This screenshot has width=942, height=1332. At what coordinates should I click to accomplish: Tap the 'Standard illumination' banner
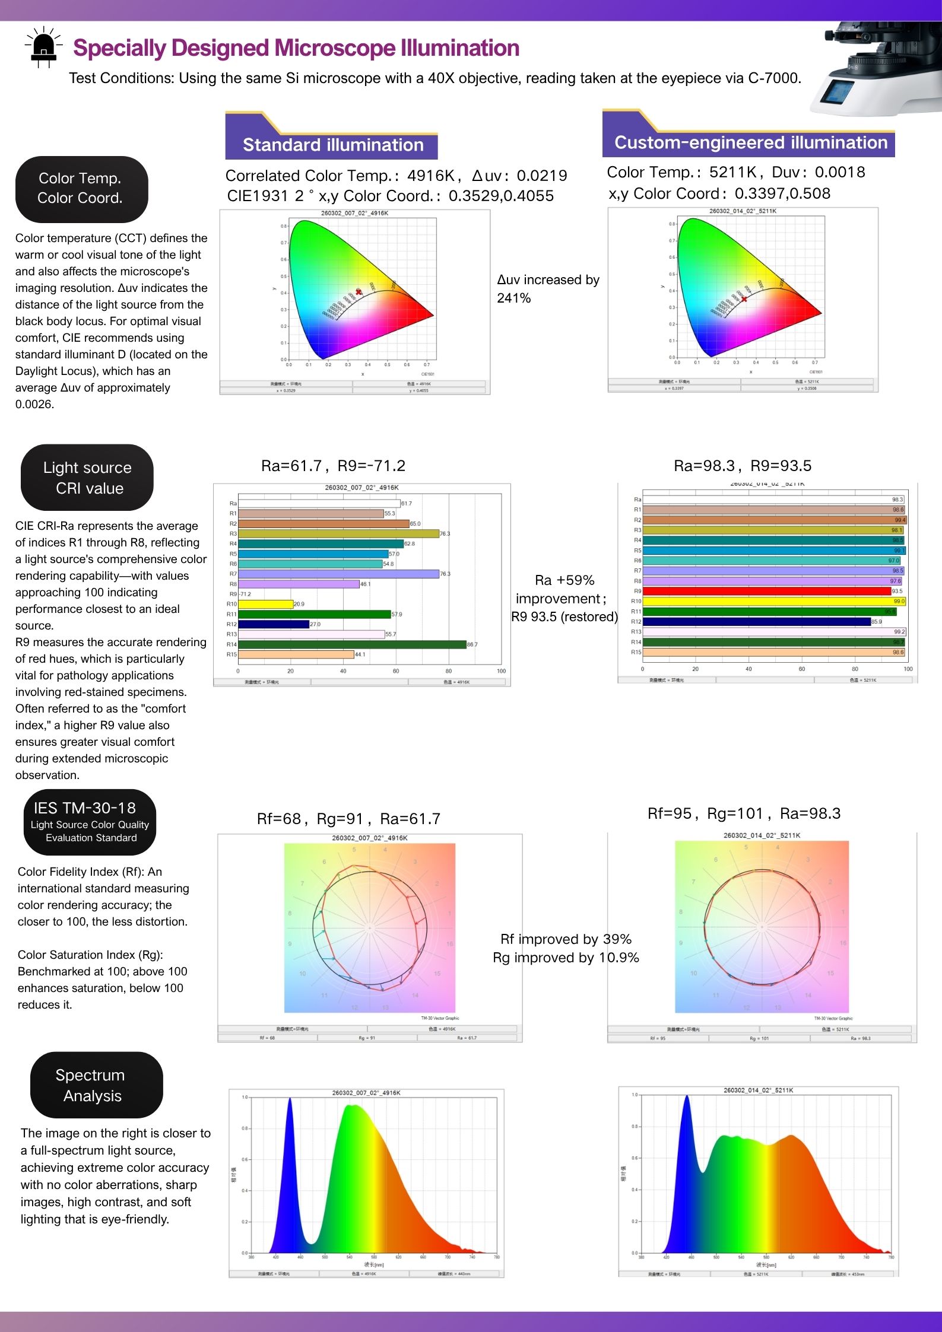pos(332,145)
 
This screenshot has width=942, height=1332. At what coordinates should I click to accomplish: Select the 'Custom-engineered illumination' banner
pos(750,142)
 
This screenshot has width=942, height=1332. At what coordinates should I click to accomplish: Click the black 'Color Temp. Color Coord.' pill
pos(81,189)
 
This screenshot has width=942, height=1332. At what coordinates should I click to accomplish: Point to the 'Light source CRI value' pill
pos(87,478)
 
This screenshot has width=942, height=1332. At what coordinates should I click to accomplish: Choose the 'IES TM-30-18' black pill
pos(90,822)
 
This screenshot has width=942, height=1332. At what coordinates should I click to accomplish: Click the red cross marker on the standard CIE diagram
pos(358,291)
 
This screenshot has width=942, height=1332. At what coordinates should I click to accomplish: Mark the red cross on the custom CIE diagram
pos(744,299)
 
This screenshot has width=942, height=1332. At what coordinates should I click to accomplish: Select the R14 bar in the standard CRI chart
pos(352,644)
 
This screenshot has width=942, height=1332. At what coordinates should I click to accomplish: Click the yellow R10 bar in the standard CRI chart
pos(265,604)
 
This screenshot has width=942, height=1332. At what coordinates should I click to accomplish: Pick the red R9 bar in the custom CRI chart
pos(766,591)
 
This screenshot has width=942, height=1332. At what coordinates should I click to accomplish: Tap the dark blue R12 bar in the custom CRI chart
pos(756,622)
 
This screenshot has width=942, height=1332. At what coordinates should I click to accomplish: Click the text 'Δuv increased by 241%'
pos(548,288)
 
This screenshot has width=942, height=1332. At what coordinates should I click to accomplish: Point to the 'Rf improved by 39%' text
pos(566,939)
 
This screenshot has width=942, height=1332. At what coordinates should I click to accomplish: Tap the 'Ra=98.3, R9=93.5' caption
pos(742,466)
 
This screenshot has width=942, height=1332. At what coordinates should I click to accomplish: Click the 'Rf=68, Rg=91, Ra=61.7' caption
pos(348,819)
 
